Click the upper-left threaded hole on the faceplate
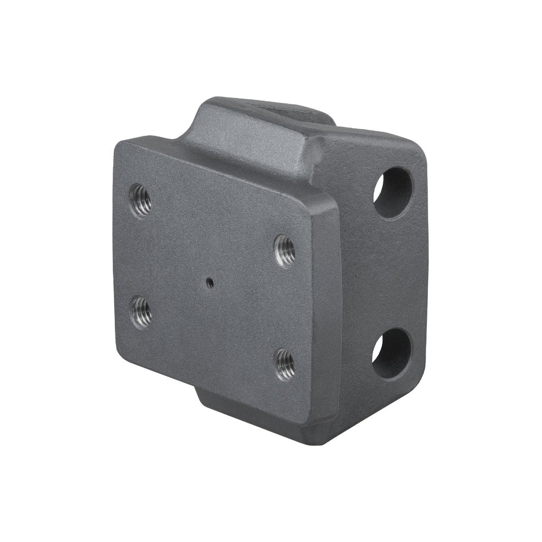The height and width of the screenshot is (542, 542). pos(140,201)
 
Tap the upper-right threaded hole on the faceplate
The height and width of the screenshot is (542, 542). pos(285,250)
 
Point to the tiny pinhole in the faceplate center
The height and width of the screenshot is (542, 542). pos(211,282)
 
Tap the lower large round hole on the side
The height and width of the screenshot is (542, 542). pos(393,353)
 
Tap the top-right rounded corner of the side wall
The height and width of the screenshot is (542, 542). pos(418,148)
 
